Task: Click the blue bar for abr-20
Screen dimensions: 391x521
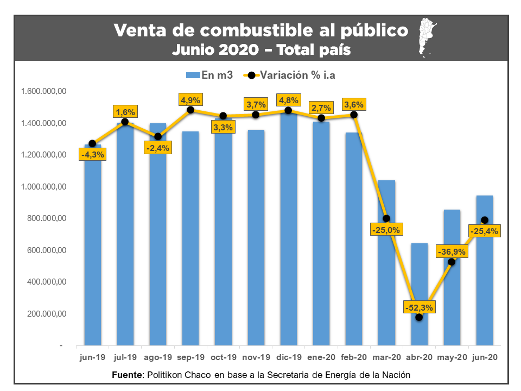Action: pyautogui.click(x=419, y=326)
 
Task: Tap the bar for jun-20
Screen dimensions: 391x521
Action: pyautogui.click(x=484, y=282)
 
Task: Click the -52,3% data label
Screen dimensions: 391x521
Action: pyautogui.click(x=418, y=308)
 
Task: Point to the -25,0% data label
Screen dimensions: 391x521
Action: pyautogui.click(x=386, y=230)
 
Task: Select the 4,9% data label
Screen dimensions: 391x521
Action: pyautogui.click(x=190, y=100)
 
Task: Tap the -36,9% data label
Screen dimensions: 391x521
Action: pyautogui.click(x=451, y=252)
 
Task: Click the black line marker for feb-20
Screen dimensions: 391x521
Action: pyautogui.click(x=354, y=115)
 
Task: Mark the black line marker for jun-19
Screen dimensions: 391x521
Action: pyautogui.click(x=92, y=143)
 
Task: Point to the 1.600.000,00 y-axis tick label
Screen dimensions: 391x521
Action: pyautogui.click(x=43, y=91)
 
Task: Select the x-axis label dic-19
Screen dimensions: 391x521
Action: pyautogui.click(x=288, y=357)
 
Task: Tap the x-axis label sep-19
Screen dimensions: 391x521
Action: pyautogui.click(x=190, y=357)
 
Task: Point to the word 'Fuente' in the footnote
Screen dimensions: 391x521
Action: pyautogui.click(x=128, y=375)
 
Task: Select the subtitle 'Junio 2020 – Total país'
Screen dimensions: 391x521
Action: pyautogui.click(x=261, y=50)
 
